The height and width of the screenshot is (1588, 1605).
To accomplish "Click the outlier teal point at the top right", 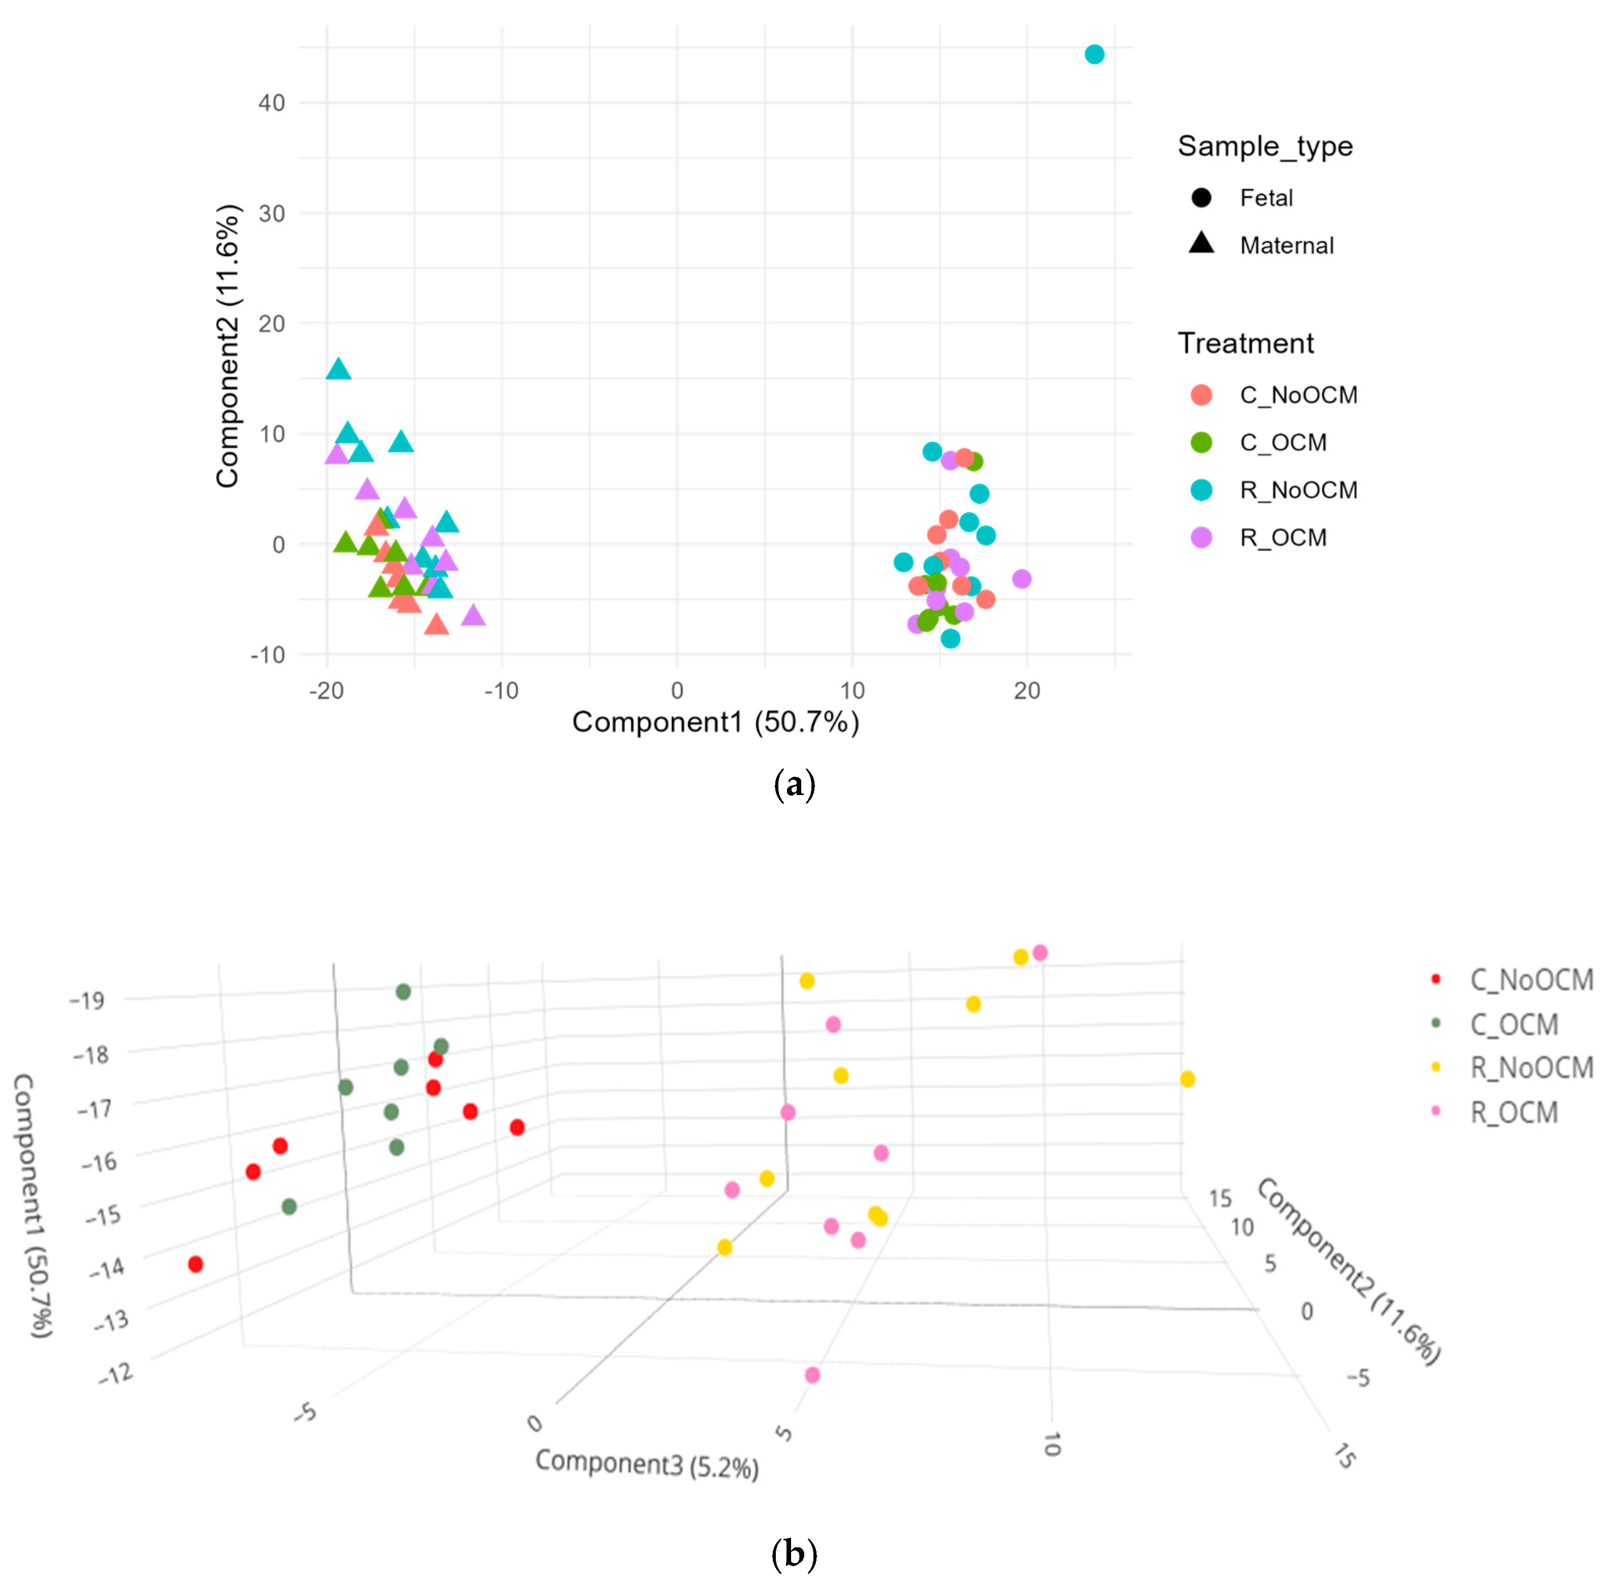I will pyautogui.click(x=1094, y=54).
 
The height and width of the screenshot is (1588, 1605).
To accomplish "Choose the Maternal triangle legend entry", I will pyautogui.click(x=1286, y=245).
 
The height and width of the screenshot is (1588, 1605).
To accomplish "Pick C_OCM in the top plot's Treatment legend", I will pyautogui.click(x=1283, y=442).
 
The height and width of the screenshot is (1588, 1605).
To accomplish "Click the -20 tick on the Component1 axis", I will pyautogui.click(x=327, y=690).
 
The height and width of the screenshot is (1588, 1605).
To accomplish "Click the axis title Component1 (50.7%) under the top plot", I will pyautogui.click(x=715, y=722).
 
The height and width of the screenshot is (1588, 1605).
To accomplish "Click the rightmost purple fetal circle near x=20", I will pyautogui.click(x=1022, y=579).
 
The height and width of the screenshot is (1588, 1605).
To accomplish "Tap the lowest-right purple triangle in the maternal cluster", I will pyautogui.click(x=473, y=615).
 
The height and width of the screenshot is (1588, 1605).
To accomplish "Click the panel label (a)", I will pyautogui.click(x=794, y=784).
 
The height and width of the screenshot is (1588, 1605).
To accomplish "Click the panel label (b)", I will pyautogui.click(x=794, y=1553).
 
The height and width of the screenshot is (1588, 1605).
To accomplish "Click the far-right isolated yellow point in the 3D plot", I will pyautogui.click(x=1187, y=1079).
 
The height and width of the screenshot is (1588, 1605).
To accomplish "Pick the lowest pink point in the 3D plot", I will pyautogui.click(x=812, y=1375).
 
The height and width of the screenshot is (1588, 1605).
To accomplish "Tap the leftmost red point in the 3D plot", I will pyautogui.click(x=195, y=1264).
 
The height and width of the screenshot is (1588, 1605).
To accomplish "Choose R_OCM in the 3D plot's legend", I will pyautogui.click(x=1514, y=1112).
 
